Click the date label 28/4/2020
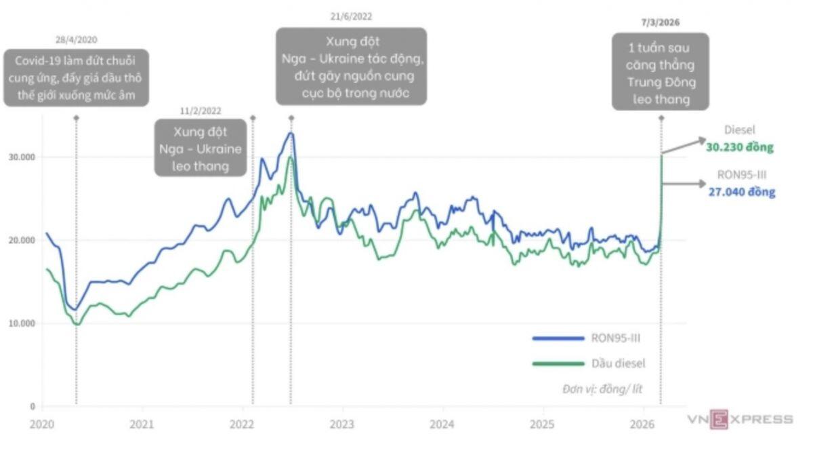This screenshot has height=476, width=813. coord(76,40)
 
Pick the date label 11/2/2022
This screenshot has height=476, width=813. coord(201,111)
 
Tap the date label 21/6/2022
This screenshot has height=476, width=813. coord(351,17)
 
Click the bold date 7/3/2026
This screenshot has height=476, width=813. coord(660,22)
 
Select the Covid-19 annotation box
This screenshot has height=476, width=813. coord(76,77)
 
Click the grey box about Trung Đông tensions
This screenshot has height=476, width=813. coord(660,71)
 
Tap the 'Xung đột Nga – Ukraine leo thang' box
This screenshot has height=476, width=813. coord(201,148)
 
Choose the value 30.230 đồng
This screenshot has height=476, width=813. coord(739,146)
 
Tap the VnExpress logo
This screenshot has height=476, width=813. coord(740,419)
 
